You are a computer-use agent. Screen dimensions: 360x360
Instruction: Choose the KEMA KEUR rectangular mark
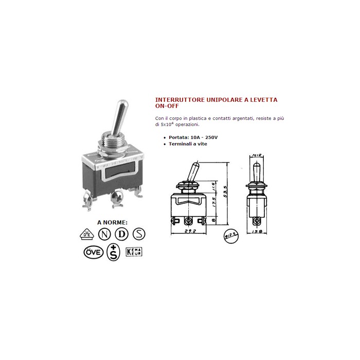[134, 252]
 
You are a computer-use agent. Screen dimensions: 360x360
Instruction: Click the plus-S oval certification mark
[113, 253]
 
